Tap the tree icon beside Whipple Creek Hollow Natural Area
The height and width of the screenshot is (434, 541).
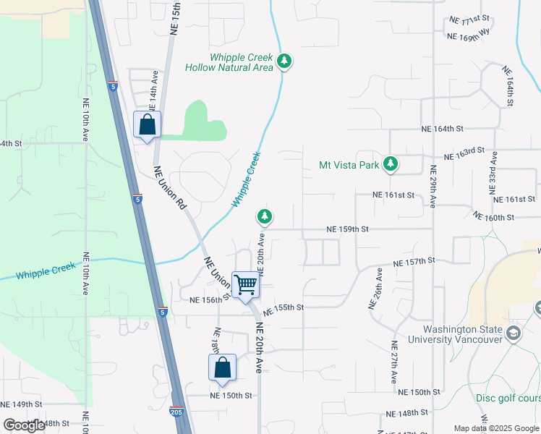[x=285, y=61]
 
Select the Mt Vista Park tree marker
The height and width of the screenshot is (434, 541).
[x=391, y=164]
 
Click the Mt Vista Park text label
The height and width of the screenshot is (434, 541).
[x=349, y=165]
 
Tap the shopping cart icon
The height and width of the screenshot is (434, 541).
[x=246, y=284]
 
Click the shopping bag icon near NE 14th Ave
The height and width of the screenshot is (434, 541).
[x=148, y=124]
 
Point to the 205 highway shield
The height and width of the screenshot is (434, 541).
[x=176, y=411]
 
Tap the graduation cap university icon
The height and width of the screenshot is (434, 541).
[x=514, y=333]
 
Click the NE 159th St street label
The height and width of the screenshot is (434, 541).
[x=348, y=229]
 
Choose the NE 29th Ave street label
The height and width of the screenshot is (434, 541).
[x=433, y=187]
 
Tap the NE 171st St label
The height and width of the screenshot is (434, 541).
[x=469, y=20]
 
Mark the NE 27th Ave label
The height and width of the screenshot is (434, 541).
[x=394, y=362]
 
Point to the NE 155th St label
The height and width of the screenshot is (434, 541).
[x=281, y=308]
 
